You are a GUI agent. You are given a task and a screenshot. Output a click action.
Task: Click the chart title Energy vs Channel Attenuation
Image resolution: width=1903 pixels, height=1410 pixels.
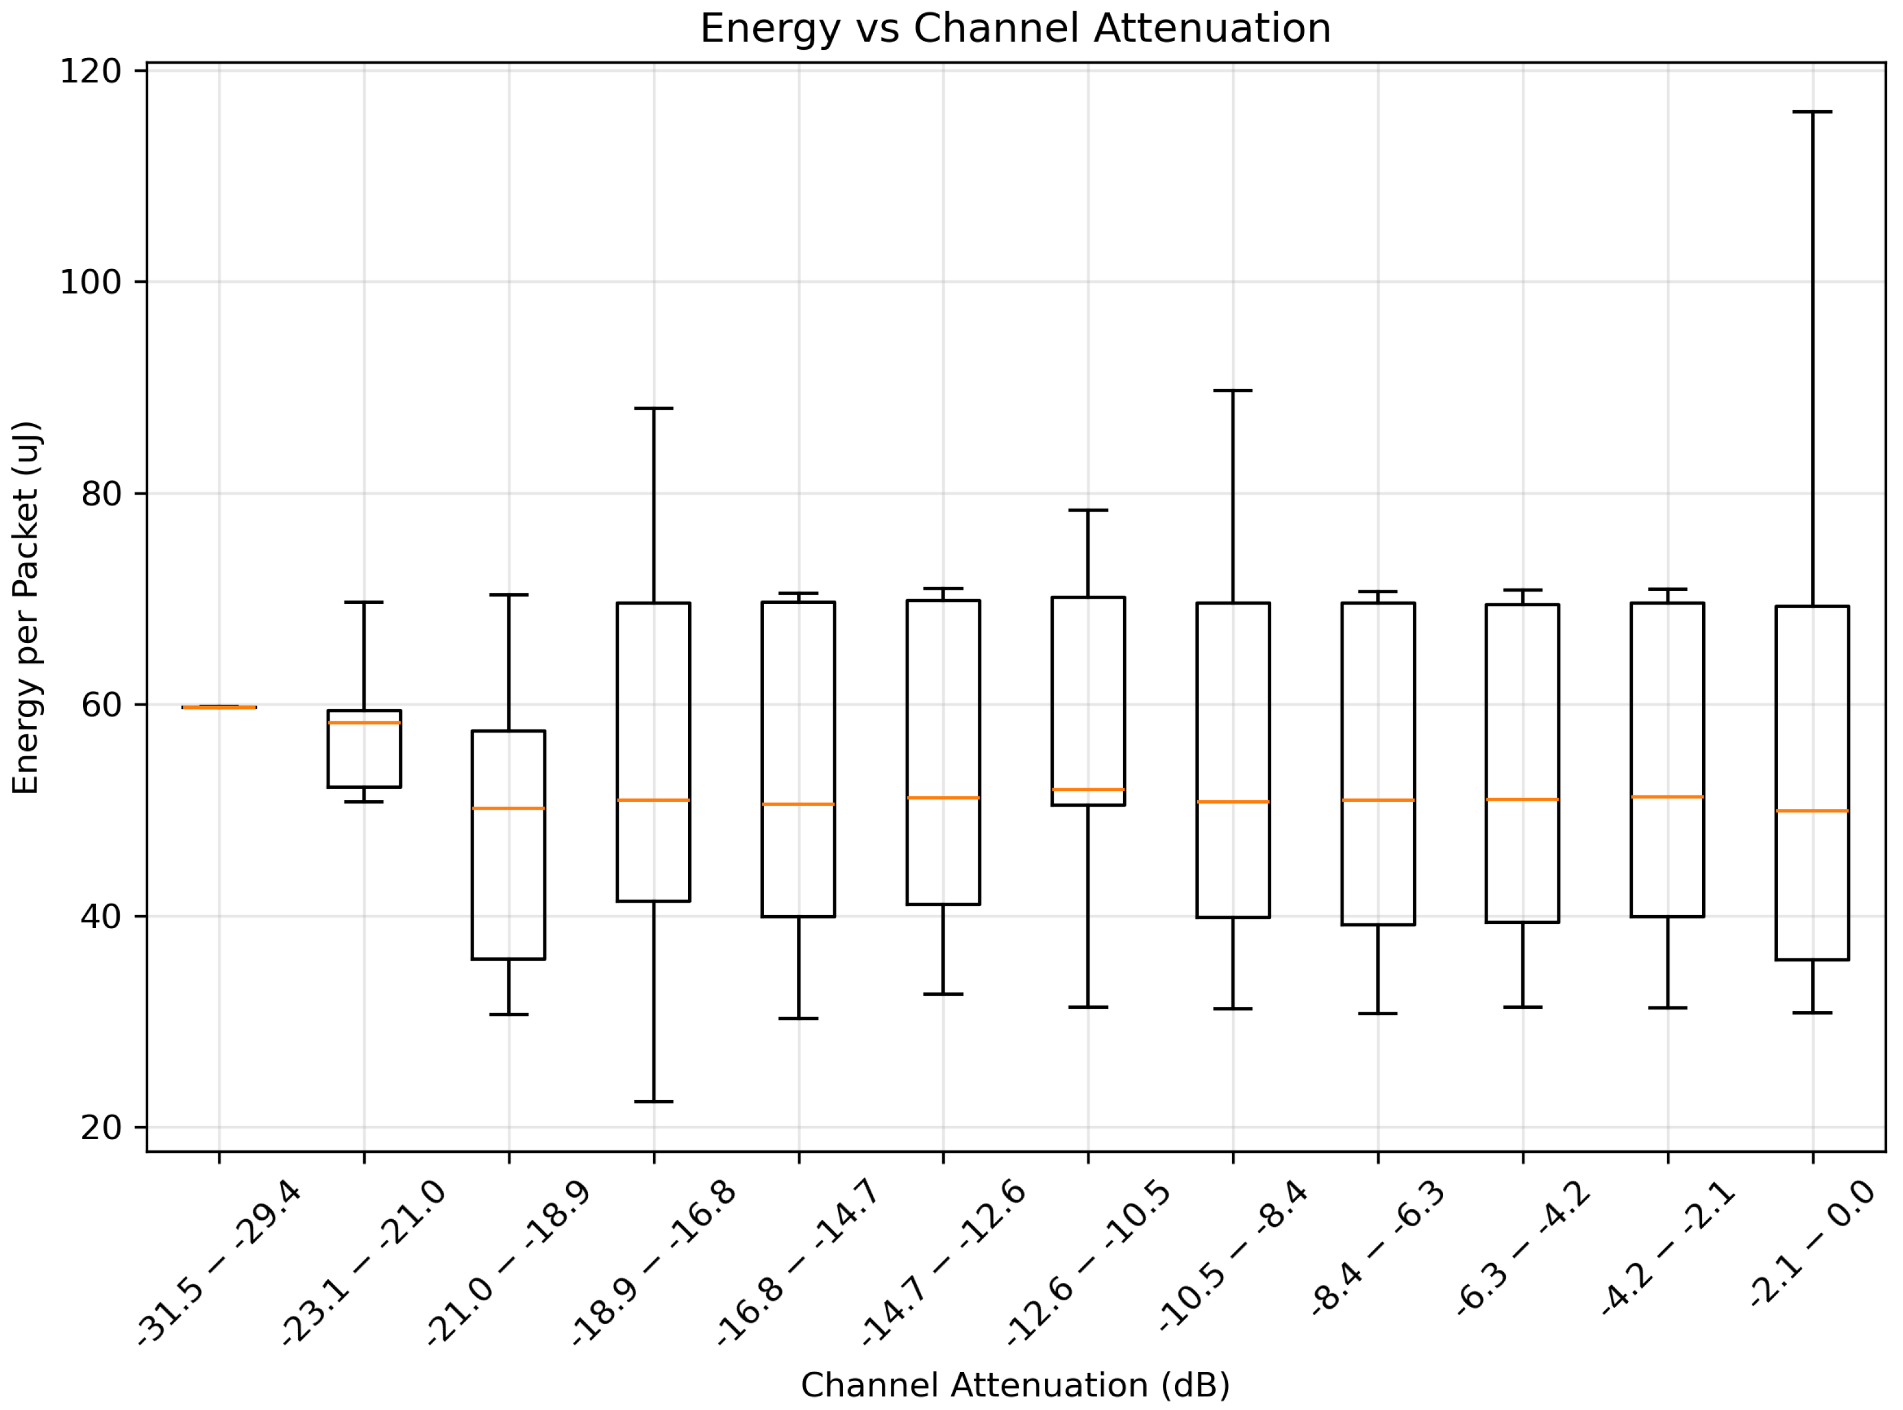(x=1015, y=28)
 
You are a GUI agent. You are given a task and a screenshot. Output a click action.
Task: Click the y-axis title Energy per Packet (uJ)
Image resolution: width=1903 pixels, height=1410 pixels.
(x=27, y=607)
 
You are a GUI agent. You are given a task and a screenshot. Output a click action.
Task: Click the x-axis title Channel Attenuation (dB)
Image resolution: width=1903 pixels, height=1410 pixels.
(x=1015, y=1385)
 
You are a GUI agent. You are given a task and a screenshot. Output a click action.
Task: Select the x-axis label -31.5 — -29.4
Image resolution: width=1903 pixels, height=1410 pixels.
(x=220, y=1261)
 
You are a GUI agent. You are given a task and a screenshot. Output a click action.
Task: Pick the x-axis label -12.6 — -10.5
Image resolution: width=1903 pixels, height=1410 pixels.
(x=1089, y=1261)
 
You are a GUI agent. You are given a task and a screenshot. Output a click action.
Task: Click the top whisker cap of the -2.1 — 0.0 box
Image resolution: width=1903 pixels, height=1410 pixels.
(x=1812, y=112)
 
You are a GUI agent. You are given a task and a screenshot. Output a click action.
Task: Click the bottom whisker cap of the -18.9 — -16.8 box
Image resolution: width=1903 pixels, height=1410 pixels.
(x=654, y=1102)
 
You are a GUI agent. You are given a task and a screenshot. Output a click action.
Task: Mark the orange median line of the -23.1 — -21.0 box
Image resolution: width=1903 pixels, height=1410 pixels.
(x=364, y=723)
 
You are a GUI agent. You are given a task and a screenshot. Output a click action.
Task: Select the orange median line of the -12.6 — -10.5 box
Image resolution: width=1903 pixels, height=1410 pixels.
(x=1088, y=789)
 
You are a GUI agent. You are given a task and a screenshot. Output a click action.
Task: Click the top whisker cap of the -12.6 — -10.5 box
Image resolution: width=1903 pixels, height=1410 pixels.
(x=1088, y=510)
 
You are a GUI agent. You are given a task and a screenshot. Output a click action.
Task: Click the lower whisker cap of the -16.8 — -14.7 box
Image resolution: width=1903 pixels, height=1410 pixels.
(x=799, y=1018)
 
